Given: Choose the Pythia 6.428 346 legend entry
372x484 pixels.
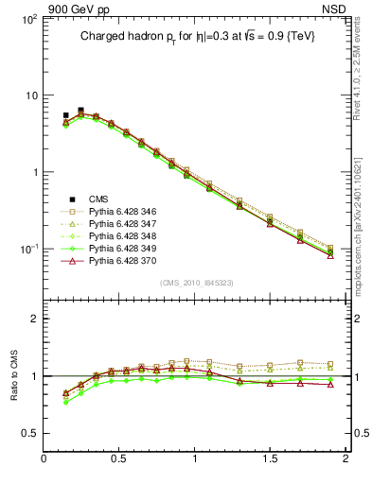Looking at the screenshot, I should click(x=121, y=213).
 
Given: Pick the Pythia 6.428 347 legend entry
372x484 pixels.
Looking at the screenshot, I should click(x=121, y=228).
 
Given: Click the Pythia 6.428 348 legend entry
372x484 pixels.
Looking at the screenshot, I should click(x=121, y=242).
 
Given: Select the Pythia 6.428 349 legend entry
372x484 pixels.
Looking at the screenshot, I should click(x=121, y=257).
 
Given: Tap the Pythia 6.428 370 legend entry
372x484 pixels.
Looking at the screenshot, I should click(x=121, y=271).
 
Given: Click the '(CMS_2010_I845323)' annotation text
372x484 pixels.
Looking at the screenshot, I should click(x=195, y=283).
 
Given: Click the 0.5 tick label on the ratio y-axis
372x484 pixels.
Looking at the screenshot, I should click(x=27, y=433).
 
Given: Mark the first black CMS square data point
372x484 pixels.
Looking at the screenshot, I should click(x=65, y=115).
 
